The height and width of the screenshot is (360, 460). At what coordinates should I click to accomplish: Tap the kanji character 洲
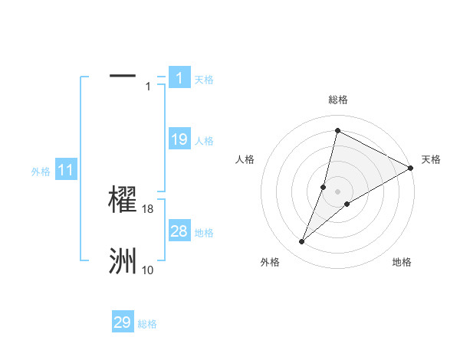(x=123, y=261)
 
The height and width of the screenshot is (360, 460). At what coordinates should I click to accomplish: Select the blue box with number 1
(x=179, y=77)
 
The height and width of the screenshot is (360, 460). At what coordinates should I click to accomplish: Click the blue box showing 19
(x=179, y=139)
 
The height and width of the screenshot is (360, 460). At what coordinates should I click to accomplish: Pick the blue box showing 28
(x=179, y=231)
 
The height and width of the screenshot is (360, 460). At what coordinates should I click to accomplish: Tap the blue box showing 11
(x=65, y=171)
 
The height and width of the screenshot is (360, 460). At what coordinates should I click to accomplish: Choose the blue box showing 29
(x=123, y=322)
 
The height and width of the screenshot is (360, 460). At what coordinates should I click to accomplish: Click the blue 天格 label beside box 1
(x=204, y=80)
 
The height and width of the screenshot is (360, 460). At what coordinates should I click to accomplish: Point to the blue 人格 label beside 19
(x=204, y=141)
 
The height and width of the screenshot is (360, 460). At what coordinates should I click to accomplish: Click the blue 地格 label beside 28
(x=204, y=233)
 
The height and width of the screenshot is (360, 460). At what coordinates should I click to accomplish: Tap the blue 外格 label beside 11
(x=41, y=172)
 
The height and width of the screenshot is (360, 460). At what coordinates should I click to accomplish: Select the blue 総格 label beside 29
(x=147, y=324)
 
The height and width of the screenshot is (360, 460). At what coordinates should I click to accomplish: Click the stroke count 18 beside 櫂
(x=149, y=208)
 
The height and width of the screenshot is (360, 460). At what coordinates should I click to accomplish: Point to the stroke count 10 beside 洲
(x=148, y=270)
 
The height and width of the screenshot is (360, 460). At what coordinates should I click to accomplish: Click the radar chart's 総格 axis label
(x=338, y=100)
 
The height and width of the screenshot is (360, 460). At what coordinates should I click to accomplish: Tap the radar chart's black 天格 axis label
(x=431, y=159)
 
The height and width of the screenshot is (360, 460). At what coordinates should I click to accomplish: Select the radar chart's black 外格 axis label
(x=270, y=262)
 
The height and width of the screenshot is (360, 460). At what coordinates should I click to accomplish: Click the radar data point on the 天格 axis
(x=410, y=168)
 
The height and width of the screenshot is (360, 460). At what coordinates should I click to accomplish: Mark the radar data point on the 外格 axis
(x=302, y=242)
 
